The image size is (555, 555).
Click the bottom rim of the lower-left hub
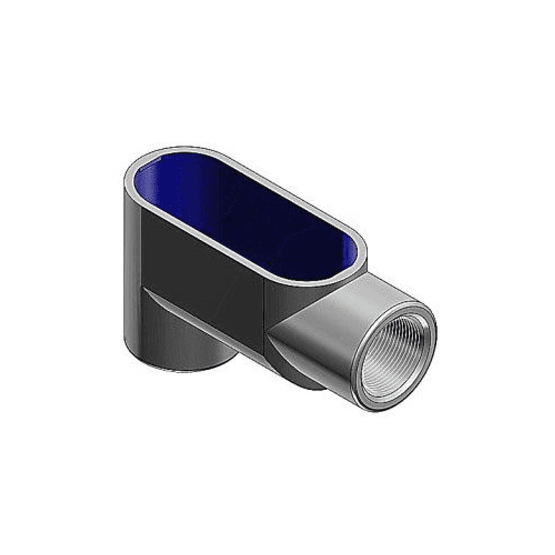click(x=173, y=369)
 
